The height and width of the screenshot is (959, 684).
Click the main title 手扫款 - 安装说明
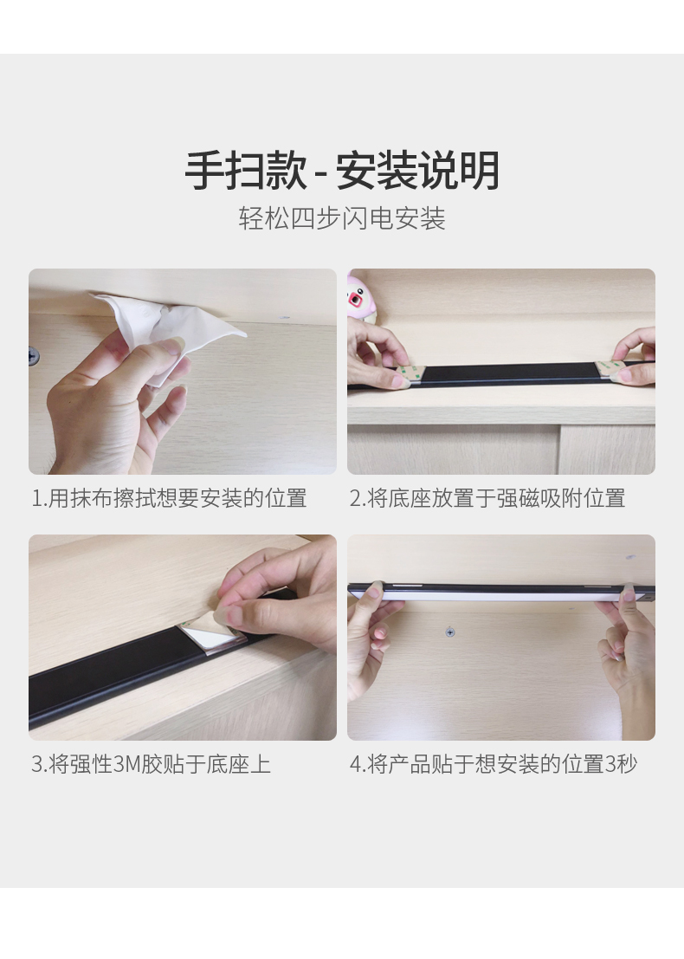(x=342, y=171)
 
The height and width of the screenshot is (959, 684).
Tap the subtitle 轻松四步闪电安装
(x=342, y=218)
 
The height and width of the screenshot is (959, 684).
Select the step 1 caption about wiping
(x=169, y=498)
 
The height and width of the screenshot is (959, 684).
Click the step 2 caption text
(x=487, y=498)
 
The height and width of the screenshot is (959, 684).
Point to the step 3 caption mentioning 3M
(x=151, y=764)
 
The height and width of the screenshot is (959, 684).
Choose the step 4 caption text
(x=494, y=764)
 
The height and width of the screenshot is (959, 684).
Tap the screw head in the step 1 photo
(x=32, y=354)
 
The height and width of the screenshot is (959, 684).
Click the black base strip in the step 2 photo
(x=510, y=373)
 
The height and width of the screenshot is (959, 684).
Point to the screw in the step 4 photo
(x=450, y=632)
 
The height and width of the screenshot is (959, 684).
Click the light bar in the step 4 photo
(x=501, y=592)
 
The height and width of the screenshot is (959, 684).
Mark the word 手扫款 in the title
(x=247, y=171)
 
